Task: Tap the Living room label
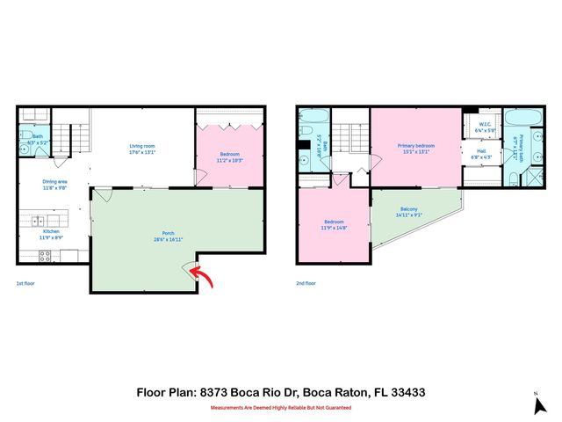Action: (142, 147)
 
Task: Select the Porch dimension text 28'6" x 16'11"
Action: (162, 239)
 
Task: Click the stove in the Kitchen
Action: (45, 256)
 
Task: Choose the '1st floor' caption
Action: (26, 284)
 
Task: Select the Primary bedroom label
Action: (415, 146)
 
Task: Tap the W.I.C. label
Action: (484, 125)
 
